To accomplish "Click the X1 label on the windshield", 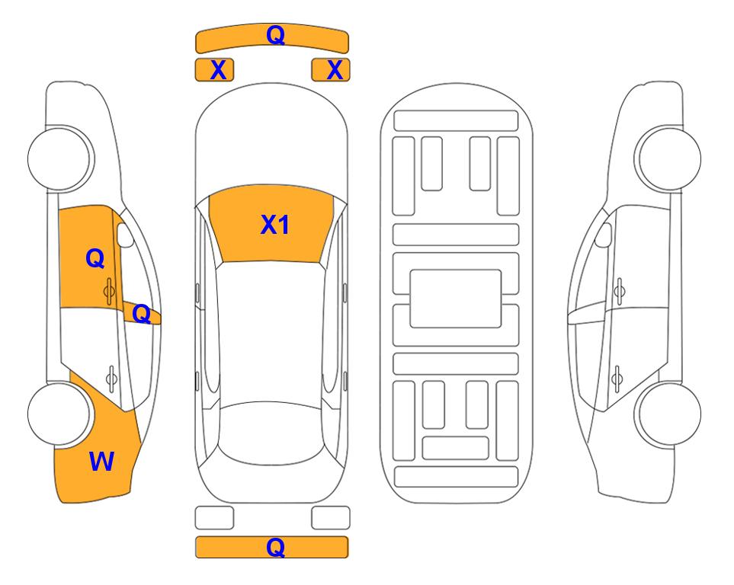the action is coord(275,225).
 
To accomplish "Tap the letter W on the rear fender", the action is coord(101,462).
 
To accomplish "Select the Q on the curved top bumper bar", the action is coord(275,34).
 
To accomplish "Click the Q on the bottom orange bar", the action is coord(275,547).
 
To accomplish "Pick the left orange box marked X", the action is coord(214,70).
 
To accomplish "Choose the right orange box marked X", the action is coord(331,70).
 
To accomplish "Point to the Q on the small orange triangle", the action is coord(141,314).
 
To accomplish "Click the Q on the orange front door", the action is coord(95,258).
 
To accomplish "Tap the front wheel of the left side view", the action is coord(60,158).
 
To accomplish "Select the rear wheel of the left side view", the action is coord(60,414).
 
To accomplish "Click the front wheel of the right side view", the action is coord(668,158).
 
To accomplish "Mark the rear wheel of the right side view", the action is coord(668,414).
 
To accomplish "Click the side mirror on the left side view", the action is coord(125,235).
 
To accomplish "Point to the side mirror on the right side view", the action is coord(604,235).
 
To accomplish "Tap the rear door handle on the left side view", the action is coord(111,378).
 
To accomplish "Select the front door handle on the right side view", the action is coord(619,291).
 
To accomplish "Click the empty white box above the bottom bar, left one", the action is coord(214,518).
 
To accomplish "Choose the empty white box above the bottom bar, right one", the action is coord(331,518).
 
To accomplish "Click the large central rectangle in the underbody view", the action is coord(456,299).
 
